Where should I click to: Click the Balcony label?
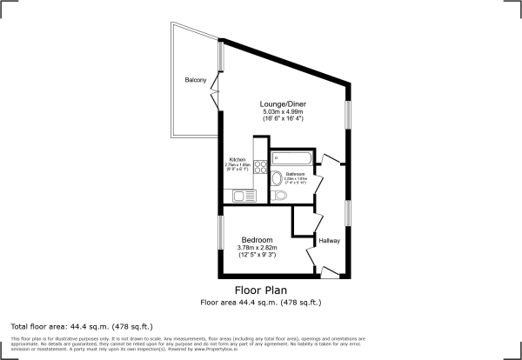click(x=195, y=81)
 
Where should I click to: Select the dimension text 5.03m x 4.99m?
click(x=284, y=111)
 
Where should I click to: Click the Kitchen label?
click(x=237, y=159)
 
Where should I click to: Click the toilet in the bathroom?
click(x=278, y=197)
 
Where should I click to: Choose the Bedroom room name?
click(x=258, y=240)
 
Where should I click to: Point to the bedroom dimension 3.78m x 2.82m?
click(x=258, y=248)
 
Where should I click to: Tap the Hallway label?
click(x=329, y=241)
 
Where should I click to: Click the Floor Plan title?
click(x=261, y=290)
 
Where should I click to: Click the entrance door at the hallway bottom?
click(x=330, y=271)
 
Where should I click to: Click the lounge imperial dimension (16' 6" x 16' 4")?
click(x=284, y=119)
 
